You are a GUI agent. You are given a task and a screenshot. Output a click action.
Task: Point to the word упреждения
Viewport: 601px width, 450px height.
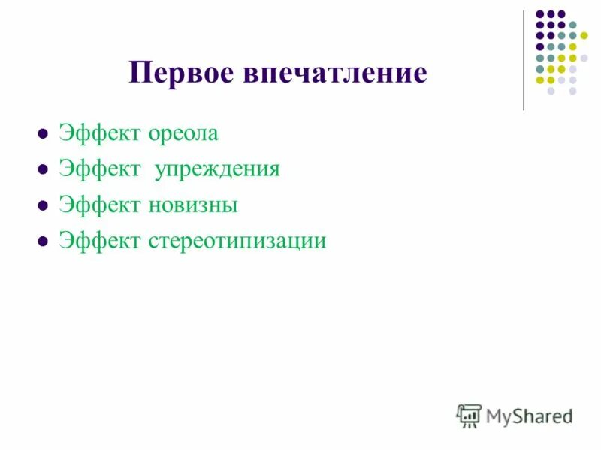217,169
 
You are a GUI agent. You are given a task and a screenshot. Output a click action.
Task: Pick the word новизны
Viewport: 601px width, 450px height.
193,205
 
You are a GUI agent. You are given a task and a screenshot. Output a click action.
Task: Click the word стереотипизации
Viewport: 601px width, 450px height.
237,241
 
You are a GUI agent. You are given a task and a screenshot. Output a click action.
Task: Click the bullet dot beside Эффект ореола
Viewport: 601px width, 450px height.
43,136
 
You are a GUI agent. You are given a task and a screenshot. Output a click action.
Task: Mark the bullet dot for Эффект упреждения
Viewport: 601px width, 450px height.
43,171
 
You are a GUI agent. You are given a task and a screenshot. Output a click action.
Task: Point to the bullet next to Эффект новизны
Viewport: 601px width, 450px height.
43,206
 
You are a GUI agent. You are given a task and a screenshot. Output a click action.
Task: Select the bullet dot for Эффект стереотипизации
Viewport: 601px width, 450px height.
43,241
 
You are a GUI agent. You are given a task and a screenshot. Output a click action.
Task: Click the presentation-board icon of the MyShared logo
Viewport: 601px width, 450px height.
470,415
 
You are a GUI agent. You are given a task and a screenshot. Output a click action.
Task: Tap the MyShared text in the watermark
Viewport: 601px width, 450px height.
529,415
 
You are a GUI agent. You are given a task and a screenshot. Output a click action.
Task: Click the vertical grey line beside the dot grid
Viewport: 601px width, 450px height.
524,60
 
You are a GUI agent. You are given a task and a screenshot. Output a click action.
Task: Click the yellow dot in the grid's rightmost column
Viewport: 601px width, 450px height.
584,35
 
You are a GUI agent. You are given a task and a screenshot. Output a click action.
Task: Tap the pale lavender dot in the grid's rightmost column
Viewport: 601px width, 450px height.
584,58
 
